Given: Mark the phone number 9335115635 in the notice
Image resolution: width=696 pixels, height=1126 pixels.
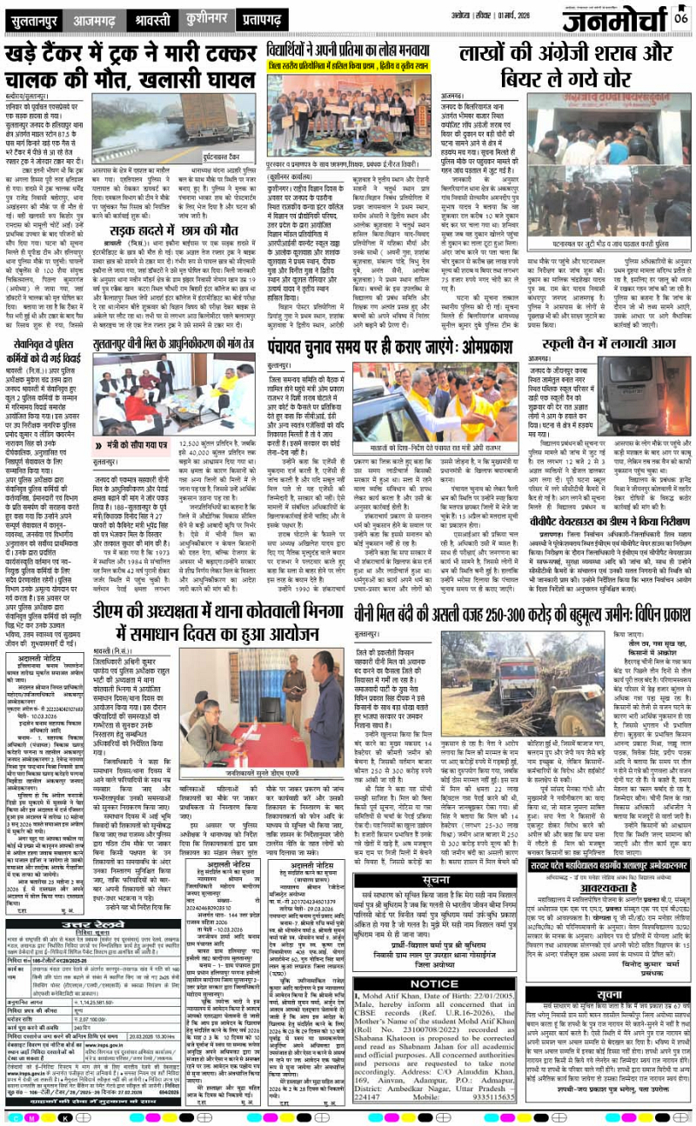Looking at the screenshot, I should click(x=492, y=1092).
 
